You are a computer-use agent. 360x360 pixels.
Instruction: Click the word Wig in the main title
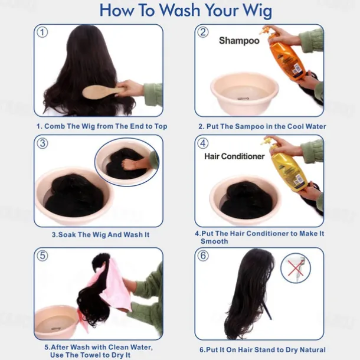[257, 11]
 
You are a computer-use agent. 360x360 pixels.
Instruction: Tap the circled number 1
[42, 32]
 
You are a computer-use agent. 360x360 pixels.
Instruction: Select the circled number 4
[203, 143]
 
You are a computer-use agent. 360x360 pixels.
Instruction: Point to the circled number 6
[203, 256]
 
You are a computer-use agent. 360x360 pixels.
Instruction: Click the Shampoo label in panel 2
[239, 41]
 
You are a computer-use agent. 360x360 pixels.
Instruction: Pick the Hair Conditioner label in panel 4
[234, 156]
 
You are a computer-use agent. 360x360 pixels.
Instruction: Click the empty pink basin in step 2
[244, 93]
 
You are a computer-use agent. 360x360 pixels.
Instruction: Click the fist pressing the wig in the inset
[129, 164]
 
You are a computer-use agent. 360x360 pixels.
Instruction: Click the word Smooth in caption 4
[214, 241]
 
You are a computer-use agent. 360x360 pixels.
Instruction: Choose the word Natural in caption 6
[313, 349]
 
